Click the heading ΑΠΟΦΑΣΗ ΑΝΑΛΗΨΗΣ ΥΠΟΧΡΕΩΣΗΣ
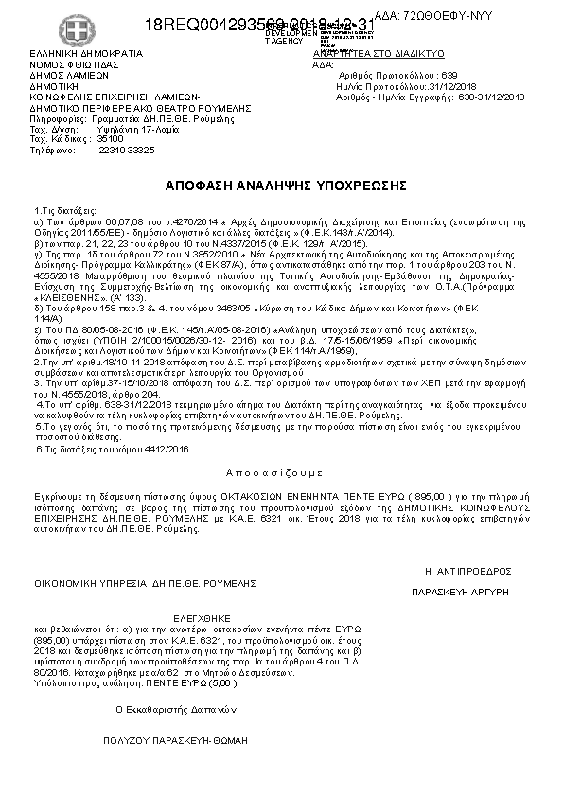281,184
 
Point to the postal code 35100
111,139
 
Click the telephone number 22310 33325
126,150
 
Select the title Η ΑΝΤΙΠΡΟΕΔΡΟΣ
467,571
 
